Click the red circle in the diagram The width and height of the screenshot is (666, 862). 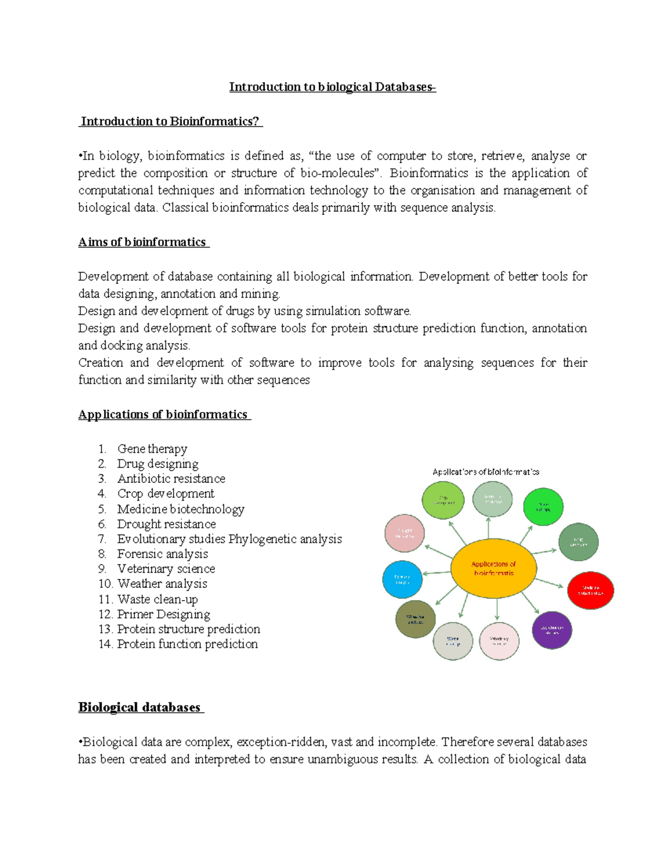pyautogui.click(x=591, y=591)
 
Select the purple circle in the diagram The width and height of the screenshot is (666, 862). pyautogui.click(x=552, y=630)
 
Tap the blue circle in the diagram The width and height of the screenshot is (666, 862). pyautogui.click(x=402, y=579)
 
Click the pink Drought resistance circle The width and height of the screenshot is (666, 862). pyautogui.click(x=405, y=533)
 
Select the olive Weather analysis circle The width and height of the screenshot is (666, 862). pyautogui.click(x=415, y=619)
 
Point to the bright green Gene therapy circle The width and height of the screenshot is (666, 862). pyautogui.click(x=543, y=507)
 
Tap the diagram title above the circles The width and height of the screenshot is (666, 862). pyautogui.click(x=486, y=472)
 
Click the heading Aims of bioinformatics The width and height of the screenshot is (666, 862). pyautogui.click(x=143, y=242)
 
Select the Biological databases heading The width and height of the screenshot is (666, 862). pyautogui.click(x=139, y=707)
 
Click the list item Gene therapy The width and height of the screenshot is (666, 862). pyautogui.click(x=152, y=448)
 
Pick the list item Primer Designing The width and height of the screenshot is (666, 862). pyautogui.click(x=163, y=614)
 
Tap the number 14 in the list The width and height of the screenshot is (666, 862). pyautogui.click(x=105, y=644)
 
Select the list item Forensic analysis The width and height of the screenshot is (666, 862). pyautogui.click(x=162, y=554)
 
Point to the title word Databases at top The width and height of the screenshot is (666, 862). pyautogui.click(x=404, y=87)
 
